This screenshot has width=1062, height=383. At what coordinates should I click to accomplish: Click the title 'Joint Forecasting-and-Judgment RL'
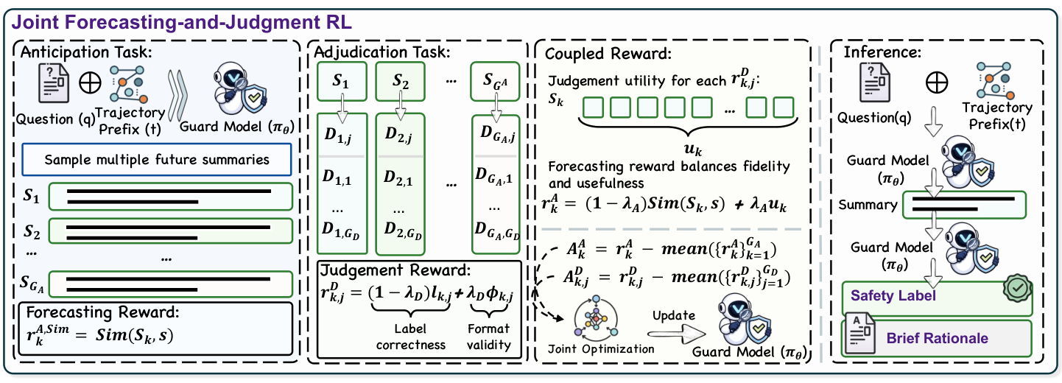[x=182, y=22]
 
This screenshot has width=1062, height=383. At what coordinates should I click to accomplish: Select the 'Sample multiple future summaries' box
[x=156, y=160]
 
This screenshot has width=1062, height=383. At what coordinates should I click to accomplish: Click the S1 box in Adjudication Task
[x=342, y=81]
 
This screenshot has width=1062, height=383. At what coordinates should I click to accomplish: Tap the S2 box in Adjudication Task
[x=400, y=81]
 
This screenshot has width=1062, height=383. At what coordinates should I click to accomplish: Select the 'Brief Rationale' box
[x=937, y=339]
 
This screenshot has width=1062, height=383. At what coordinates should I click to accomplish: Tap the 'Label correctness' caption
[x=410, y=337]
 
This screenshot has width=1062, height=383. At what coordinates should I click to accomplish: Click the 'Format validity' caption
[x=489, y=337]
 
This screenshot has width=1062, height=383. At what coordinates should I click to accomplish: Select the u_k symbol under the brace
[x=693, y=150]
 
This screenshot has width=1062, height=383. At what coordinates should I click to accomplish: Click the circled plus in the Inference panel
[x=937, y=82]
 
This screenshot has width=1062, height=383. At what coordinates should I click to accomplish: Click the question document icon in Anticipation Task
[x=54, y=83]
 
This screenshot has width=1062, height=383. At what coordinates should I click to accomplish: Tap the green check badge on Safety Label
[x=1018, y=287]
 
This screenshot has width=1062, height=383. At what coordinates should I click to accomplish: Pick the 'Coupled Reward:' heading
[x=608, y=54]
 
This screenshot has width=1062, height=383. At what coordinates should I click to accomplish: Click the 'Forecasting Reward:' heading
[x=103, y=312]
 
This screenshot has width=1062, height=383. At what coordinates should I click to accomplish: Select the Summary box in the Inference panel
[x=964, y=205]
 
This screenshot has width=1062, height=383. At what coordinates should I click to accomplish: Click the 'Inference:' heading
[x=882, y=52]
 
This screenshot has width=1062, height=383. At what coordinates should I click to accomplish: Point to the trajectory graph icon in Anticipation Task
[x=127, y=85]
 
